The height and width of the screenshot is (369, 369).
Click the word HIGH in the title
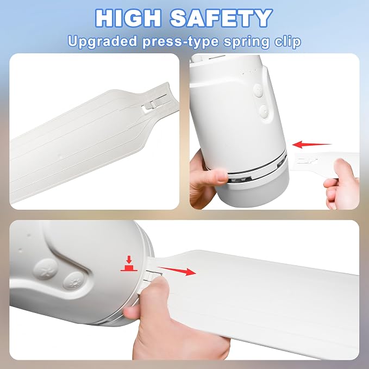tap(128, 18)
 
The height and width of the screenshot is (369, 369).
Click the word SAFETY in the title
tap(221, 18)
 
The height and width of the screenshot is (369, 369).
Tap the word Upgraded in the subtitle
tap(102, 42)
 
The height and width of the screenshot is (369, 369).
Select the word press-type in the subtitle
tap(180, 42)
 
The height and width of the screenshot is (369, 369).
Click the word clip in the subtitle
tap(287, 42)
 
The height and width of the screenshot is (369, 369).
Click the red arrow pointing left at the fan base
tap(311, 145)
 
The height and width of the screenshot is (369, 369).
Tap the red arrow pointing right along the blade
tap(177, 271)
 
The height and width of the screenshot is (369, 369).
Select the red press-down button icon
tap(129, 264)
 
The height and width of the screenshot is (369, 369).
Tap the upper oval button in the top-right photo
tap(258, 91)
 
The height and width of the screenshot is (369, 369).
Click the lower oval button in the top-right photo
tap(264, 111)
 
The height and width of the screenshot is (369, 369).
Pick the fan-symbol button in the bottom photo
tap(46, 269)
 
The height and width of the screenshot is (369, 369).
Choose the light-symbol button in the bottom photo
tap(74, 281)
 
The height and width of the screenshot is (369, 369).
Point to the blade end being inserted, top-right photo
tap(306, 162)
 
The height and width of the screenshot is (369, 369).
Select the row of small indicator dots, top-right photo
tap(248, 72)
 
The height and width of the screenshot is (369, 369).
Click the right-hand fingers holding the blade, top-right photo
tap(341, 184)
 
